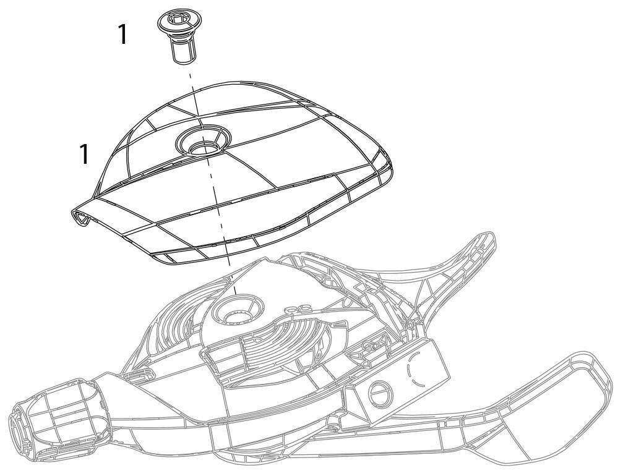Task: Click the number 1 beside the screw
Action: [x=123, y=35]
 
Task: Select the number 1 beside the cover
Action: [x=84, y=154]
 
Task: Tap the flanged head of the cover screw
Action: [x=177, y=23]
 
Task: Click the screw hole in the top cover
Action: [x=204, y=149]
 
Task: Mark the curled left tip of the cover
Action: [x=80, y=218]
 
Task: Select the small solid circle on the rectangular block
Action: [x=380, y=393]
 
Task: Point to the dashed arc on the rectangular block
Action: [x=415, y=370]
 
